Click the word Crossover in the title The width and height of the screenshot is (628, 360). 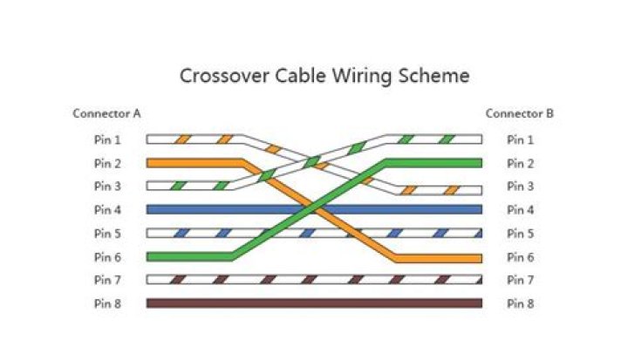coord(220,76)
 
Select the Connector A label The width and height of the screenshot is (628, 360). coord(106,113)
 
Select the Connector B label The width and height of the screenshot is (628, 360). coord(519,113)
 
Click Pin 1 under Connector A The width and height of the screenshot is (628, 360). coord(107,139)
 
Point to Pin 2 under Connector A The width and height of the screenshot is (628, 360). coord(107,163)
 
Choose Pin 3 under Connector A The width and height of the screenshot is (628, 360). coord(107,187)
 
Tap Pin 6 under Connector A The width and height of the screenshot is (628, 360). coord(107,257)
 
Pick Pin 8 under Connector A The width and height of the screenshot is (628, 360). coord(107,303)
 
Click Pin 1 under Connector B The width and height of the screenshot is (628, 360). coord(521,139)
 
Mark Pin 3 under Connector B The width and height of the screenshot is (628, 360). coord(521,187)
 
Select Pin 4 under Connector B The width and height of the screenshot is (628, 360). coord(521,210)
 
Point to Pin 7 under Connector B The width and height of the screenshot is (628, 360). coord(521,280)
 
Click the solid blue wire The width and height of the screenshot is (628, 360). coord(314,209)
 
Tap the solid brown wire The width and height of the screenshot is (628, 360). coord(314,303)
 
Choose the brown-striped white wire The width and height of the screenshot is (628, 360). coord(314,280)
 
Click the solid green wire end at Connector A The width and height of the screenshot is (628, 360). coord(174,256)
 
